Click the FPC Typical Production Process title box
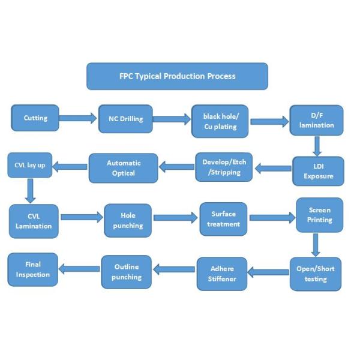177,76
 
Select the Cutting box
35,118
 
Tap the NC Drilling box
125,119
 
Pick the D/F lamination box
317,120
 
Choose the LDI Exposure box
318,171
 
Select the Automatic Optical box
123,168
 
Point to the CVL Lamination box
34,221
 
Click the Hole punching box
128,220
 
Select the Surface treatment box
223,219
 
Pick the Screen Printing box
320,215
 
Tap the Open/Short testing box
316,274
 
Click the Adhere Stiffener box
222,274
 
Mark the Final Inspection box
32,269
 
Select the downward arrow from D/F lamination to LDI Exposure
317,146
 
